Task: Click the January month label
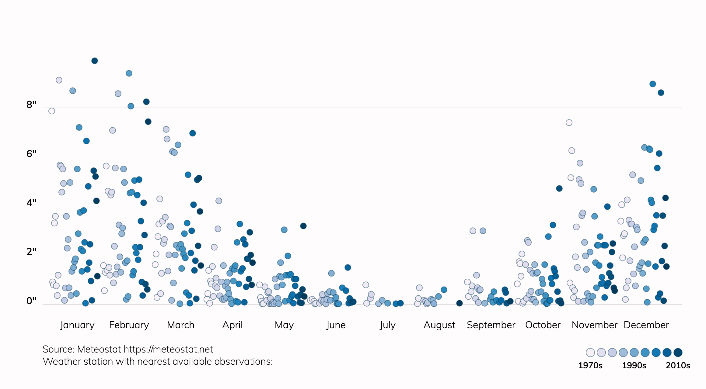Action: click(77, 325)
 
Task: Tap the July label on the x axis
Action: click(387, 325)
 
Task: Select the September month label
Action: click(491, 325)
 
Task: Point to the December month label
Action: click(646, 325)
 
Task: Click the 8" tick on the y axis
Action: click(31, 105)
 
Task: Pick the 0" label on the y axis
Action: click(31, 301)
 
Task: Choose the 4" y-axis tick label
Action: click(31, 203)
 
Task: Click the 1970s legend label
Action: click(590, 365)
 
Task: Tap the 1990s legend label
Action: click(634, 365)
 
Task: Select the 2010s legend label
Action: click(678, 365)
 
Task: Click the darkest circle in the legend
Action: click(678, 353)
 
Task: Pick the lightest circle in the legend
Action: click(590, 353)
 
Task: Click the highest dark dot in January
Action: click(95, 61)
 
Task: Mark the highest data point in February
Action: click(129, 73)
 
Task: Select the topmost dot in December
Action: click(652, 84)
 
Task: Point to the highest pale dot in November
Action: click(569, 122)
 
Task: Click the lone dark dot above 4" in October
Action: click(559, 188)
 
